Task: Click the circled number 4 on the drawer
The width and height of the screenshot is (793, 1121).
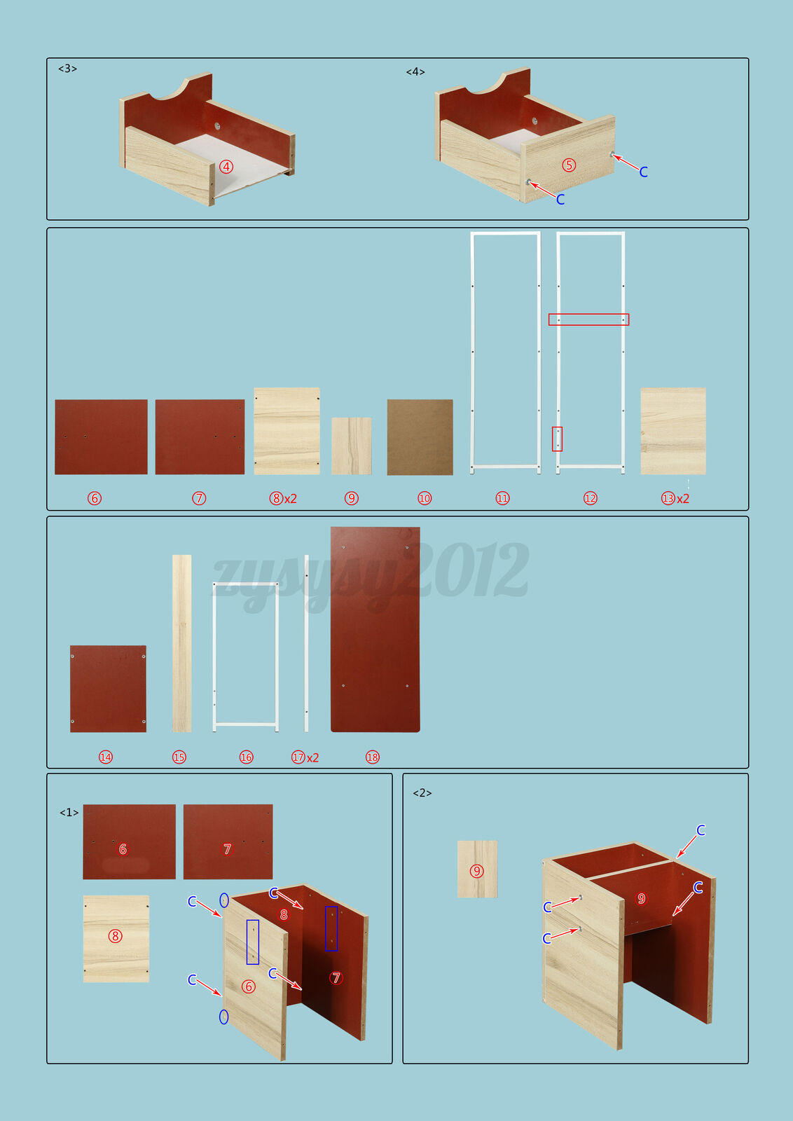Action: (226, 167)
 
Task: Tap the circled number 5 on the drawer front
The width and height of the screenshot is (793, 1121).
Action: (568, 165)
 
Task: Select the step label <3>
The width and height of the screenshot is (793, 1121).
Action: (67, 69)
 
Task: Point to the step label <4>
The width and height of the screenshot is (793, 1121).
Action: (415, 72)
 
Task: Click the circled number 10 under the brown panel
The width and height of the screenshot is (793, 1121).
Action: (425, 498)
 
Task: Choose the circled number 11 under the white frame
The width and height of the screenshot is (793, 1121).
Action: (502, 498)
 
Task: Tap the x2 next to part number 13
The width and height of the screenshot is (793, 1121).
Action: (683, 498)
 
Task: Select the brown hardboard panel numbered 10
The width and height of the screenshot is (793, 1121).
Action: (420, 437)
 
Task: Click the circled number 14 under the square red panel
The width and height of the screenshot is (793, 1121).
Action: (106, 757)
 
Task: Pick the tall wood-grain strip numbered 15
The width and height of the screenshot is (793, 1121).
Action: (181, 643)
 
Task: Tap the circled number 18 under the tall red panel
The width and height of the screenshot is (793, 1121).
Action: (372, 757)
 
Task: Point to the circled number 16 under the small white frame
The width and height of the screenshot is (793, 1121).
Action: (246, 757)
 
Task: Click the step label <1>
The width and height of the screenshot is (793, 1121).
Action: (69, 812)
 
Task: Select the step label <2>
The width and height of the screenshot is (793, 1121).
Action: (422, 792)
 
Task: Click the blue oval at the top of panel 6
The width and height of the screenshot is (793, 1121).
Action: (224, 900)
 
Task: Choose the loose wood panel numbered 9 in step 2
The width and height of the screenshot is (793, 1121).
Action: (477, 869)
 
